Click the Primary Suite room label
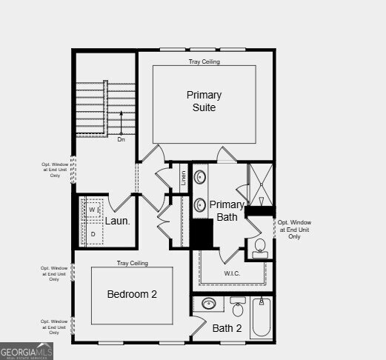pos(204,101)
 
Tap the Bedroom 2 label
pos(132,294)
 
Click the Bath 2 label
pos(227,328)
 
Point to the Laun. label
pos(117,221)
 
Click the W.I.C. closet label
pos(232,273)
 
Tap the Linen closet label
pos(183,178)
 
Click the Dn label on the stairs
pos(121,139)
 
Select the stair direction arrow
pos(121,122)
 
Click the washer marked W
pos(93,210)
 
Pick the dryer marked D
pos(93,234)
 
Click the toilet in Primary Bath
pos(260,247)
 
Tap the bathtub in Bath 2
pos(260,318)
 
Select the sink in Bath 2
pos(209,304)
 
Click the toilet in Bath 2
pos(238,307)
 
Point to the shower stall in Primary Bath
pos(260,183)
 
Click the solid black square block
pos(202,233)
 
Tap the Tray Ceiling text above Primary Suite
pos(204,61)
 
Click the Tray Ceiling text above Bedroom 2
pos(132,263)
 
